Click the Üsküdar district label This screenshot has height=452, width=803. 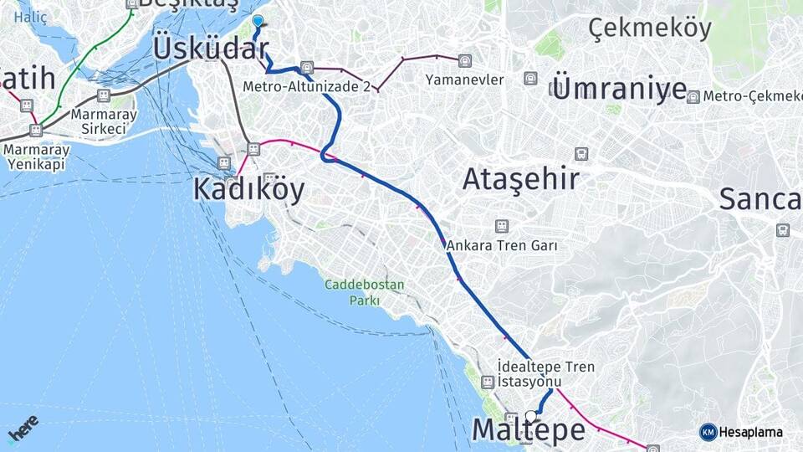click(210, 48)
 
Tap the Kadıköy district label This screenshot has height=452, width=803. click(248, 189)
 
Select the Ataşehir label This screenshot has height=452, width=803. click(520, 178)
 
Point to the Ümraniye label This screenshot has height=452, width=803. click(619, 88)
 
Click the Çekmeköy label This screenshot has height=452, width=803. click(650, 28)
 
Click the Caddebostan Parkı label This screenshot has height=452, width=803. click(365, 292)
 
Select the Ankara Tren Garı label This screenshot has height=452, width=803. click(502, 246)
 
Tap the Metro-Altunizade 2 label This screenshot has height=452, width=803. click(307, 86)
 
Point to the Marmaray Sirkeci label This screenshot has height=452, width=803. click(99, 121)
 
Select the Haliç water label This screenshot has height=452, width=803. click(31, 16)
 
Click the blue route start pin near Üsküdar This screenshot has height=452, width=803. click(258, 22)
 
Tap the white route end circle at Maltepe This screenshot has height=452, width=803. click(530, 414)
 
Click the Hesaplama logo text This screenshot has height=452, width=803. click(750, 432)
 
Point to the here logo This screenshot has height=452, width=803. click(23, 429)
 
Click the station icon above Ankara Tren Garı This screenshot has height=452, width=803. click(502, 226)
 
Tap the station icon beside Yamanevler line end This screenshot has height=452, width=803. click(464, 61)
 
